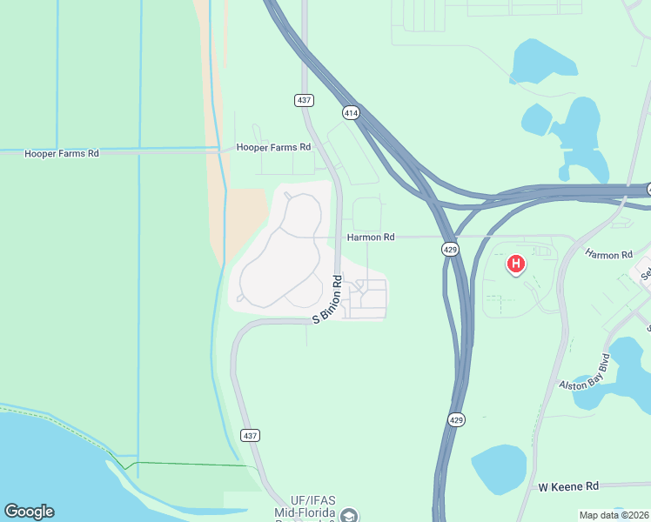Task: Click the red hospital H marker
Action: tap(516, 263)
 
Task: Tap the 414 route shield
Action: tap(351, 113)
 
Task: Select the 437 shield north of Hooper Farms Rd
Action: tap(304, 100)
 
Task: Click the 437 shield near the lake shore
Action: tap(251, 435)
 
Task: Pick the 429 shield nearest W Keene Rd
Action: tap(458, 419)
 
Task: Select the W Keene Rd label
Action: tap(568, 485)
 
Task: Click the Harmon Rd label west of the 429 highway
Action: tap(371, 237)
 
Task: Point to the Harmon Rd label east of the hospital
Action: tap(608, 255)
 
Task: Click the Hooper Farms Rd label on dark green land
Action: tap(62, 153)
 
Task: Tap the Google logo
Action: tap(29, 512)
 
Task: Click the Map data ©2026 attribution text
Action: tap(614, 515)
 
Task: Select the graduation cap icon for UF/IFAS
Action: tap(350, 516)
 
